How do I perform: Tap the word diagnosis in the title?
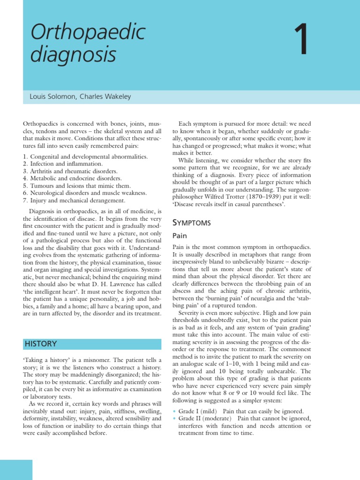pos(73,56)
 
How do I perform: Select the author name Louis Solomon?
pos(52,97)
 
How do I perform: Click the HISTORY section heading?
pos(41,344)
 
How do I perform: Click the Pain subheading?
pos(180,236)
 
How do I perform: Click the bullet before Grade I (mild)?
pos(174,411)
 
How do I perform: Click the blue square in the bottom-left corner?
pos(16,470)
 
